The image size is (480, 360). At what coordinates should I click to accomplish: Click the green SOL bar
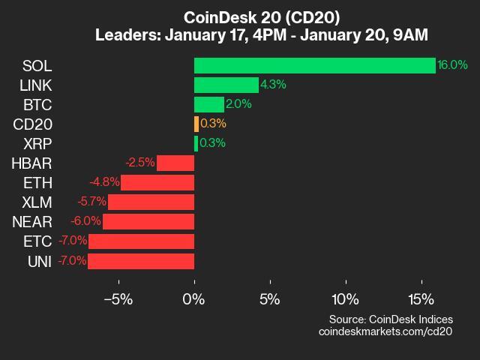(314, 65)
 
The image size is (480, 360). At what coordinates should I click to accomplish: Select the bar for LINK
(226, 85)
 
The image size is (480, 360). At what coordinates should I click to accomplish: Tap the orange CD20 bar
(196, 124)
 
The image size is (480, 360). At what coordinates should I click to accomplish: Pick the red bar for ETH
(157, 182)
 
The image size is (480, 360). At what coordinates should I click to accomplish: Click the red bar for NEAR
(148, 222)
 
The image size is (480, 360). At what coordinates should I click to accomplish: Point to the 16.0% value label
(453, 65)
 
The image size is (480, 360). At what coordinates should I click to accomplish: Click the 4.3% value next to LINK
(273, 85)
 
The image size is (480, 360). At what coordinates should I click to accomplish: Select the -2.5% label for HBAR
(140, 163)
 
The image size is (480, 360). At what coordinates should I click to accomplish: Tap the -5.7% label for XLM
(92, 202)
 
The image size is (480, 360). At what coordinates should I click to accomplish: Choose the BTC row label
(37, 104)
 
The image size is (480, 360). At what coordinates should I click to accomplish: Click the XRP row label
(37, 143)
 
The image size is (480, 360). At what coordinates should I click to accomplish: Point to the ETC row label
(37, 241)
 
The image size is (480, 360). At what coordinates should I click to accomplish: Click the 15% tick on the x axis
(421, 299)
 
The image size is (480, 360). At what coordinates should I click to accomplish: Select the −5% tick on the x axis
(118, 299)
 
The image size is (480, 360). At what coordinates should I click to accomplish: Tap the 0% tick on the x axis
(194, 299)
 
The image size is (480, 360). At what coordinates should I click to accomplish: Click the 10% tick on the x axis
(345, 299)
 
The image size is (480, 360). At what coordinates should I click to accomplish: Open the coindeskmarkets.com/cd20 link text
(385, 331)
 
